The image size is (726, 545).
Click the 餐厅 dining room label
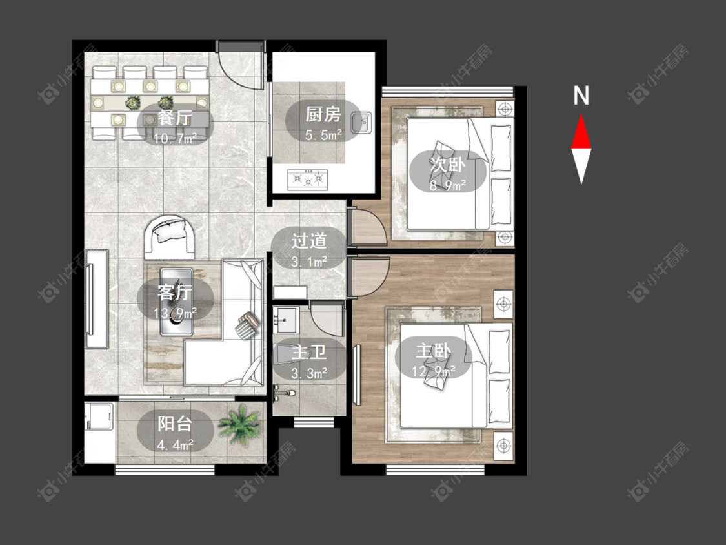pos(174,118)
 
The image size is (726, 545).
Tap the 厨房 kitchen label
pos(323,114)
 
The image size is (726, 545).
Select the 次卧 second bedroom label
pos(447,164)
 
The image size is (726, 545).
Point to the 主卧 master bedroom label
pos(433,351)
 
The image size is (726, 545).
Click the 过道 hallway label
pos(309,241)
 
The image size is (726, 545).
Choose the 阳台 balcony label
pos(174,424)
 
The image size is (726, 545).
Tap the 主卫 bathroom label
pos(309,352)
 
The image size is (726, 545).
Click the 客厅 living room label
pos(174,293)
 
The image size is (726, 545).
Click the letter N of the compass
pos(581,96)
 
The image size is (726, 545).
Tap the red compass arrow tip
pos(581,114)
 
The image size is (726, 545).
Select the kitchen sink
pos(361,123)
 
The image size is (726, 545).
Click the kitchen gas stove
pos(308,180)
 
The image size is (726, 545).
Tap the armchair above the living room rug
pos(170,237)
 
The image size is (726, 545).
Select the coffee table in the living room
pos(176,302)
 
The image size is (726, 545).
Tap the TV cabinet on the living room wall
pos(97,299)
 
